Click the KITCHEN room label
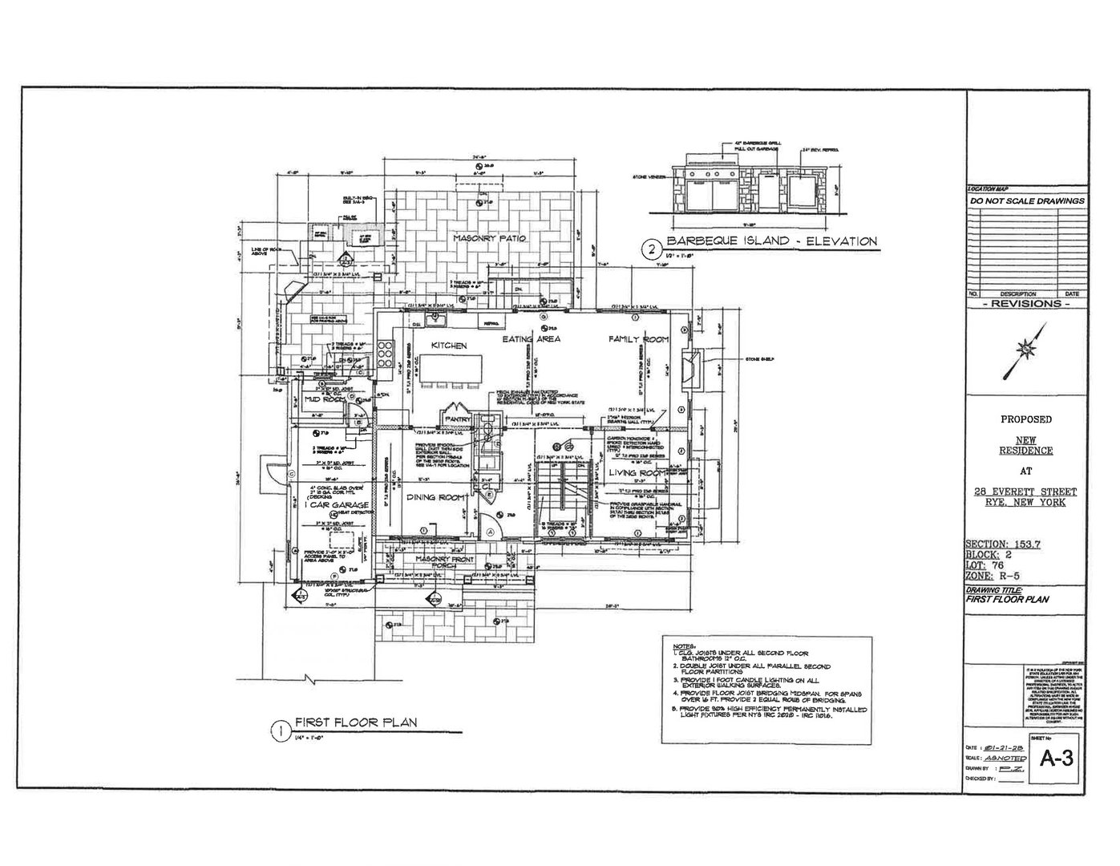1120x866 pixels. coord(449,346)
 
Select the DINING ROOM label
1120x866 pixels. coord(437,498)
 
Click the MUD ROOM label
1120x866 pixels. coord(325,399)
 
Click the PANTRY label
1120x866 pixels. coord(457,419)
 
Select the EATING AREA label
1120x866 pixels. coord(531,339)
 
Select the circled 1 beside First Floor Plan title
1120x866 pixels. coord(281,731)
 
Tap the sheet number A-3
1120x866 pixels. coord(1056,759)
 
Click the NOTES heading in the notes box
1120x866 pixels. coord(684,645)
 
